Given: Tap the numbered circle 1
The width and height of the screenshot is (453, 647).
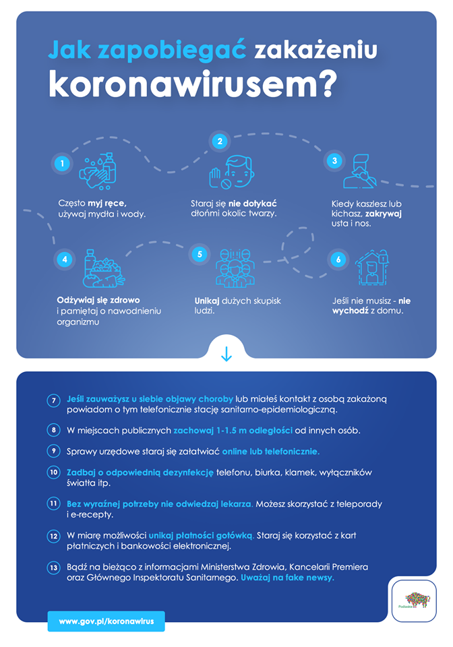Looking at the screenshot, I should click(x=62, y=163).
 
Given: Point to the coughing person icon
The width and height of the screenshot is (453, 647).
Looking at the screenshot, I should click(x=359, y=171).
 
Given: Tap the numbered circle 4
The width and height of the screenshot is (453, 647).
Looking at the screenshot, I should click(x=64, y=258).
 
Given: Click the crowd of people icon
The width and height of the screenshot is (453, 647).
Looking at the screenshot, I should click(x=235, y=268).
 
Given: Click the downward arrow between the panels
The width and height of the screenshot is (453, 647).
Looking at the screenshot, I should click(x=227, y=355).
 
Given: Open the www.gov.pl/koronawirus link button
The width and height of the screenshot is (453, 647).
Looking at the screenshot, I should click(x=106, y=621).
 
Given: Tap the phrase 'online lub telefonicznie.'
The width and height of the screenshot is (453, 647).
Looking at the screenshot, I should click(x=270, y=451).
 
